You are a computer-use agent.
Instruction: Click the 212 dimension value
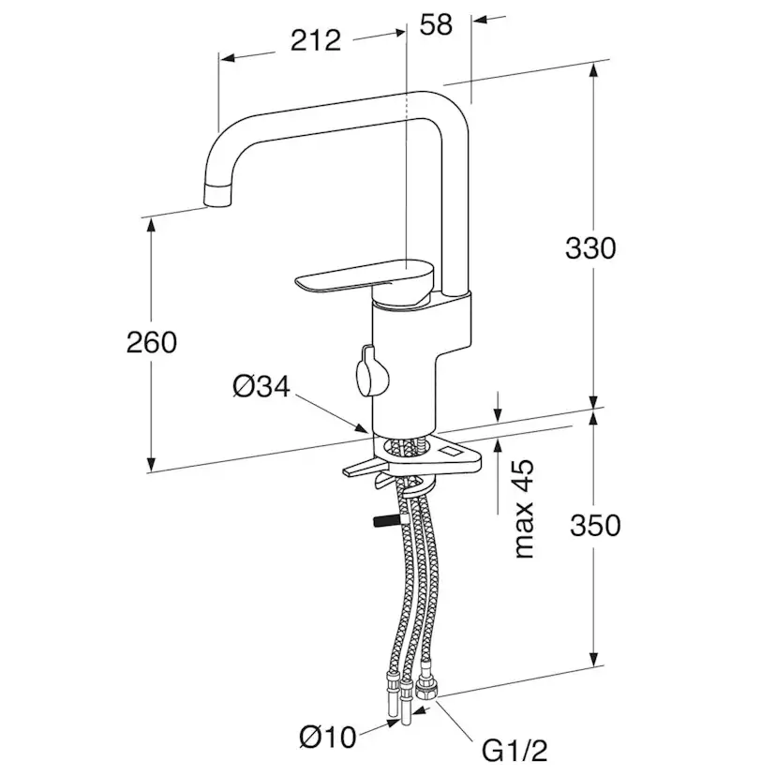pos(316,40)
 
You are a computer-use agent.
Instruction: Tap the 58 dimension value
pos(436,24)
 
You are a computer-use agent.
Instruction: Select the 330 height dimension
pos(590,248)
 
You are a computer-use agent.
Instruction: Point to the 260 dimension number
pos(152,342)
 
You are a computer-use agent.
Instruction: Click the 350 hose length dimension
pos(595,525)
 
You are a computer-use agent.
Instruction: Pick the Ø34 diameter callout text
pos(261,386)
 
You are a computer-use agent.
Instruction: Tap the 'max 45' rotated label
pos(525,509)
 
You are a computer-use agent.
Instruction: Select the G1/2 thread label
pos(515,752)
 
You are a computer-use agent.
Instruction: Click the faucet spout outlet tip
pos(217,195)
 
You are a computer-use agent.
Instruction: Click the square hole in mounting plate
pos(452,452)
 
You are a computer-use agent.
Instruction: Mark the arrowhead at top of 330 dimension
pos(594,72)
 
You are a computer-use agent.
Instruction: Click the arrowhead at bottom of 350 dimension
pos(594,658)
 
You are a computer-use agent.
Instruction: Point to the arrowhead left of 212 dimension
pos(228,58)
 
